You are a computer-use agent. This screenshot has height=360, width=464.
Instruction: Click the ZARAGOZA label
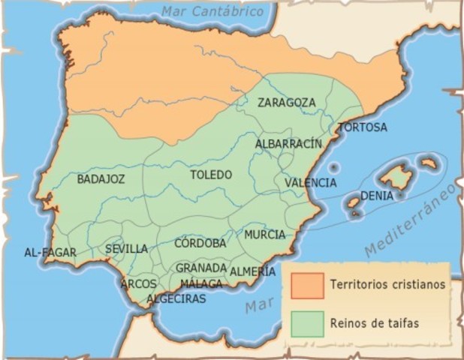pyautogui.click(x=286, y=102)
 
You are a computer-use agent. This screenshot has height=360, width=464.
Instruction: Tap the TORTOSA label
pyautogui.click(x=363, y=127)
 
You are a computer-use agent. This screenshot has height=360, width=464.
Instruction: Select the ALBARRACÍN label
pyautogui.click(x=288, y=143)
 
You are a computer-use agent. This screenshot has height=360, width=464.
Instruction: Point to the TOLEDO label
pyautogui.click(x=211, y=175)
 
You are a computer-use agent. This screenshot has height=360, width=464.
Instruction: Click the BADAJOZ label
pyautogui.click(x=101, y=179)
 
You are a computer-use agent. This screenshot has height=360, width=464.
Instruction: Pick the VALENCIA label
pyautogui.click(x=311, y=182)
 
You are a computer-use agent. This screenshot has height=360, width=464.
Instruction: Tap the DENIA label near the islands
pyautogui.click(x=377, y=196)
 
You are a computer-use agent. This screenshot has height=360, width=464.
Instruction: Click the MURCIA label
pyautogui.click(x=264, y=235)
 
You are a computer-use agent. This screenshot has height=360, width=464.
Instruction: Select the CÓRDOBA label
pyautogui.click(x=200, y=243)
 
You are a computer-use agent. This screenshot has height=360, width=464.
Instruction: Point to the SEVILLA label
pyautogui.click(x=126, y=249)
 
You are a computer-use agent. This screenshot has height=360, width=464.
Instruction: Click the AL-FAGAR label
pyautogui.click(x=50, y=253)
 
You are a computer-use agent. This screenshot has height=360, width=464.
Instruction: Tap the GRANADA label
pyautogui.click(x=201, y=268)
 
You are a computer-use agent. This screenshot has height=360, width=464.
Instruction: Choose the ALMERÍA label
pyautogui.click(x=253, y=271)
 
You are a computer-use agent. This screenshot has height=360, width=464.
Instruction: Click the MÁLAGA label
pyautogui.click(x=201, y=283)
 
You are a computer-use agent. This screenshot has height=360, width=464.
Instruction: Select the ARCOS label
pyautogui.click(x=139, y=284)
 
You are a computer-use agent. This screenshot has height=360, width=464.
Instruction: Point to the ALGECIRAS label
pyautogui.click(x=176, y=298)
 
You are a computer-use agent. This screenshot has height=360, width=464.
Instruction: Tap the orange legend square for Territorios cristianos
pyautogui.click(x=304, y=285)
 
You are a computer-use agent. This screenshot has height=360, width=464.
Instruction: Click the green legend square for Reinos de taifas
pyautogui.click(x=304, y=323)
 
